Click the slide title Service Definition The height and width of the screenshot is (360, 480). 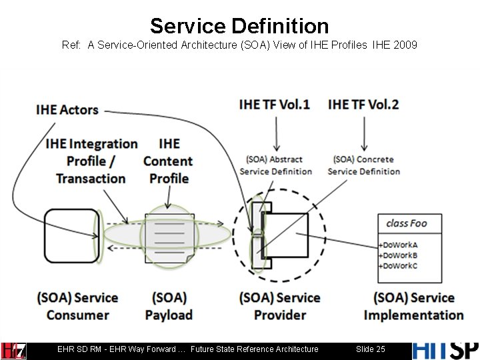click(239, 26)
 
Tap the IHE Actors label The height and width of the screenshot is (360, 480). click(67, 110)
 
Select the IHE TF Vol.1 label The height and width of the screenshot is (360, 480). click(274, 105)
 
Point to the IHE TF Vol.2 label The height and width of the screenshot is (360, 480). click(363, 105)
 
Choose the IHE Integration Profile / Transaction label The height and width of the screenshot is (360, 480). click(91, 161)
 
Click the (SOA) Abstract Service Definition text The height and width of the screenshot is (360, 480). click(275, 165)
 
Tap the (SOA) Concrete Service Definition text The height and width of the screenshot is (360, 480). click(364, 165)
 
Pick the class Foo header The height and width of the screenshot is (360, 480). click(406, 223)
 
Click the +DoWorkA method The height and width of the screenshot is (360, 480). click(398, 245)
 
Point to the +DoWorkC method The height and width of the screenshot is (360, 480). click(398, 265)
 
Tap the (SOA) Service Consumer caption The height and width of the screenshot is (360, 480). click(77, 306)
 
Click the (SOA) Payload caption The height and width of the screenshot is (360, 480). click(169, 306)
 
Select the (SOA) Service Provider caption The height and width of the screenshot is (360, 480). click(280, 306)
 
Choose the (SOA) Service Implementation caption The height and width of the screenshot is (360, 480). click(413, 306)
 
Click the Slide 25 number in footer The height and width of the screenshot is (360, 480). click(371, 349)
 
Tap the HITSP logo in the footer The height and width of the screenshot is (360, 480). click(445, 349)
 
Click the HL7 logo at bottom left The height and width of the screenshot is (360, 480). click(13, 350)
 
